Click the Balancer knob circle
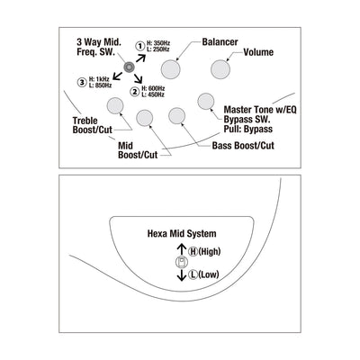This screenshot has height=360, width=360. [x=170, y=69]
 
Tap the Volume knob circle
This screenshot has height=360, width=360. [x=220, y=69]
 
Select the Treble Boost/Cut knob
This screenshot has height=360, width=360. [x=115, y=105]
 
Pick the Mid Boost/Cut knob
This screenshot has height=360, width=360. [x=145, y=118]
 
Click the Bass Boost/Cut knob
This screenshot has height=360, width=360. [x=176, y=116]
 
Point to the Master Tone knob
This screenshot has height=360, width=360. [x=206, y=101]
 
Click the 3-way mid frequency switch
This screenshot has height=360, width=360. [x=129, y=67]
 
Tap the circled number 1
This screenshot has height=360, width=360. [x=140, y=46]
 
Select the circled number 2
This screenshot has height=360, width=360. [x=135, y=91]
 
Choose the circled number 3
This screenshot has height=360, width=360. [x=82, y=82]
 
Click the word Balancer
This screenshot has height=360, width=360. [x=220, y=42]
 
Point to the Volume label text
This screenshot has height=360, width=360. [x=258, y=52]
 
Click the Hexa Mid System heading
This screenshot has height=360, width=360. [x=182, y=233]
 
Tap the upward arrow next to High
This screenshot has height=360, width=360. [x=182, y=249]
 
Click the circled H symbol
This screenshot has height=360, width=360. [x=193, y=251]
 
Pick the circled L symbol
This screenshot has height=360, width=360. [x=193, y=274]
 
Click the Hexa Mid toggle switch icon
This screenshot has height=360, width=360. [x=182, y=262]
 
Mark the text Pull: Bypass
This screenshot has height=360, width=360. [x=248, y=130]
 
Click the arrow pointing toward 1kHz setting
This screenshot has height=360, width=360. [x=117, y=76]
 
